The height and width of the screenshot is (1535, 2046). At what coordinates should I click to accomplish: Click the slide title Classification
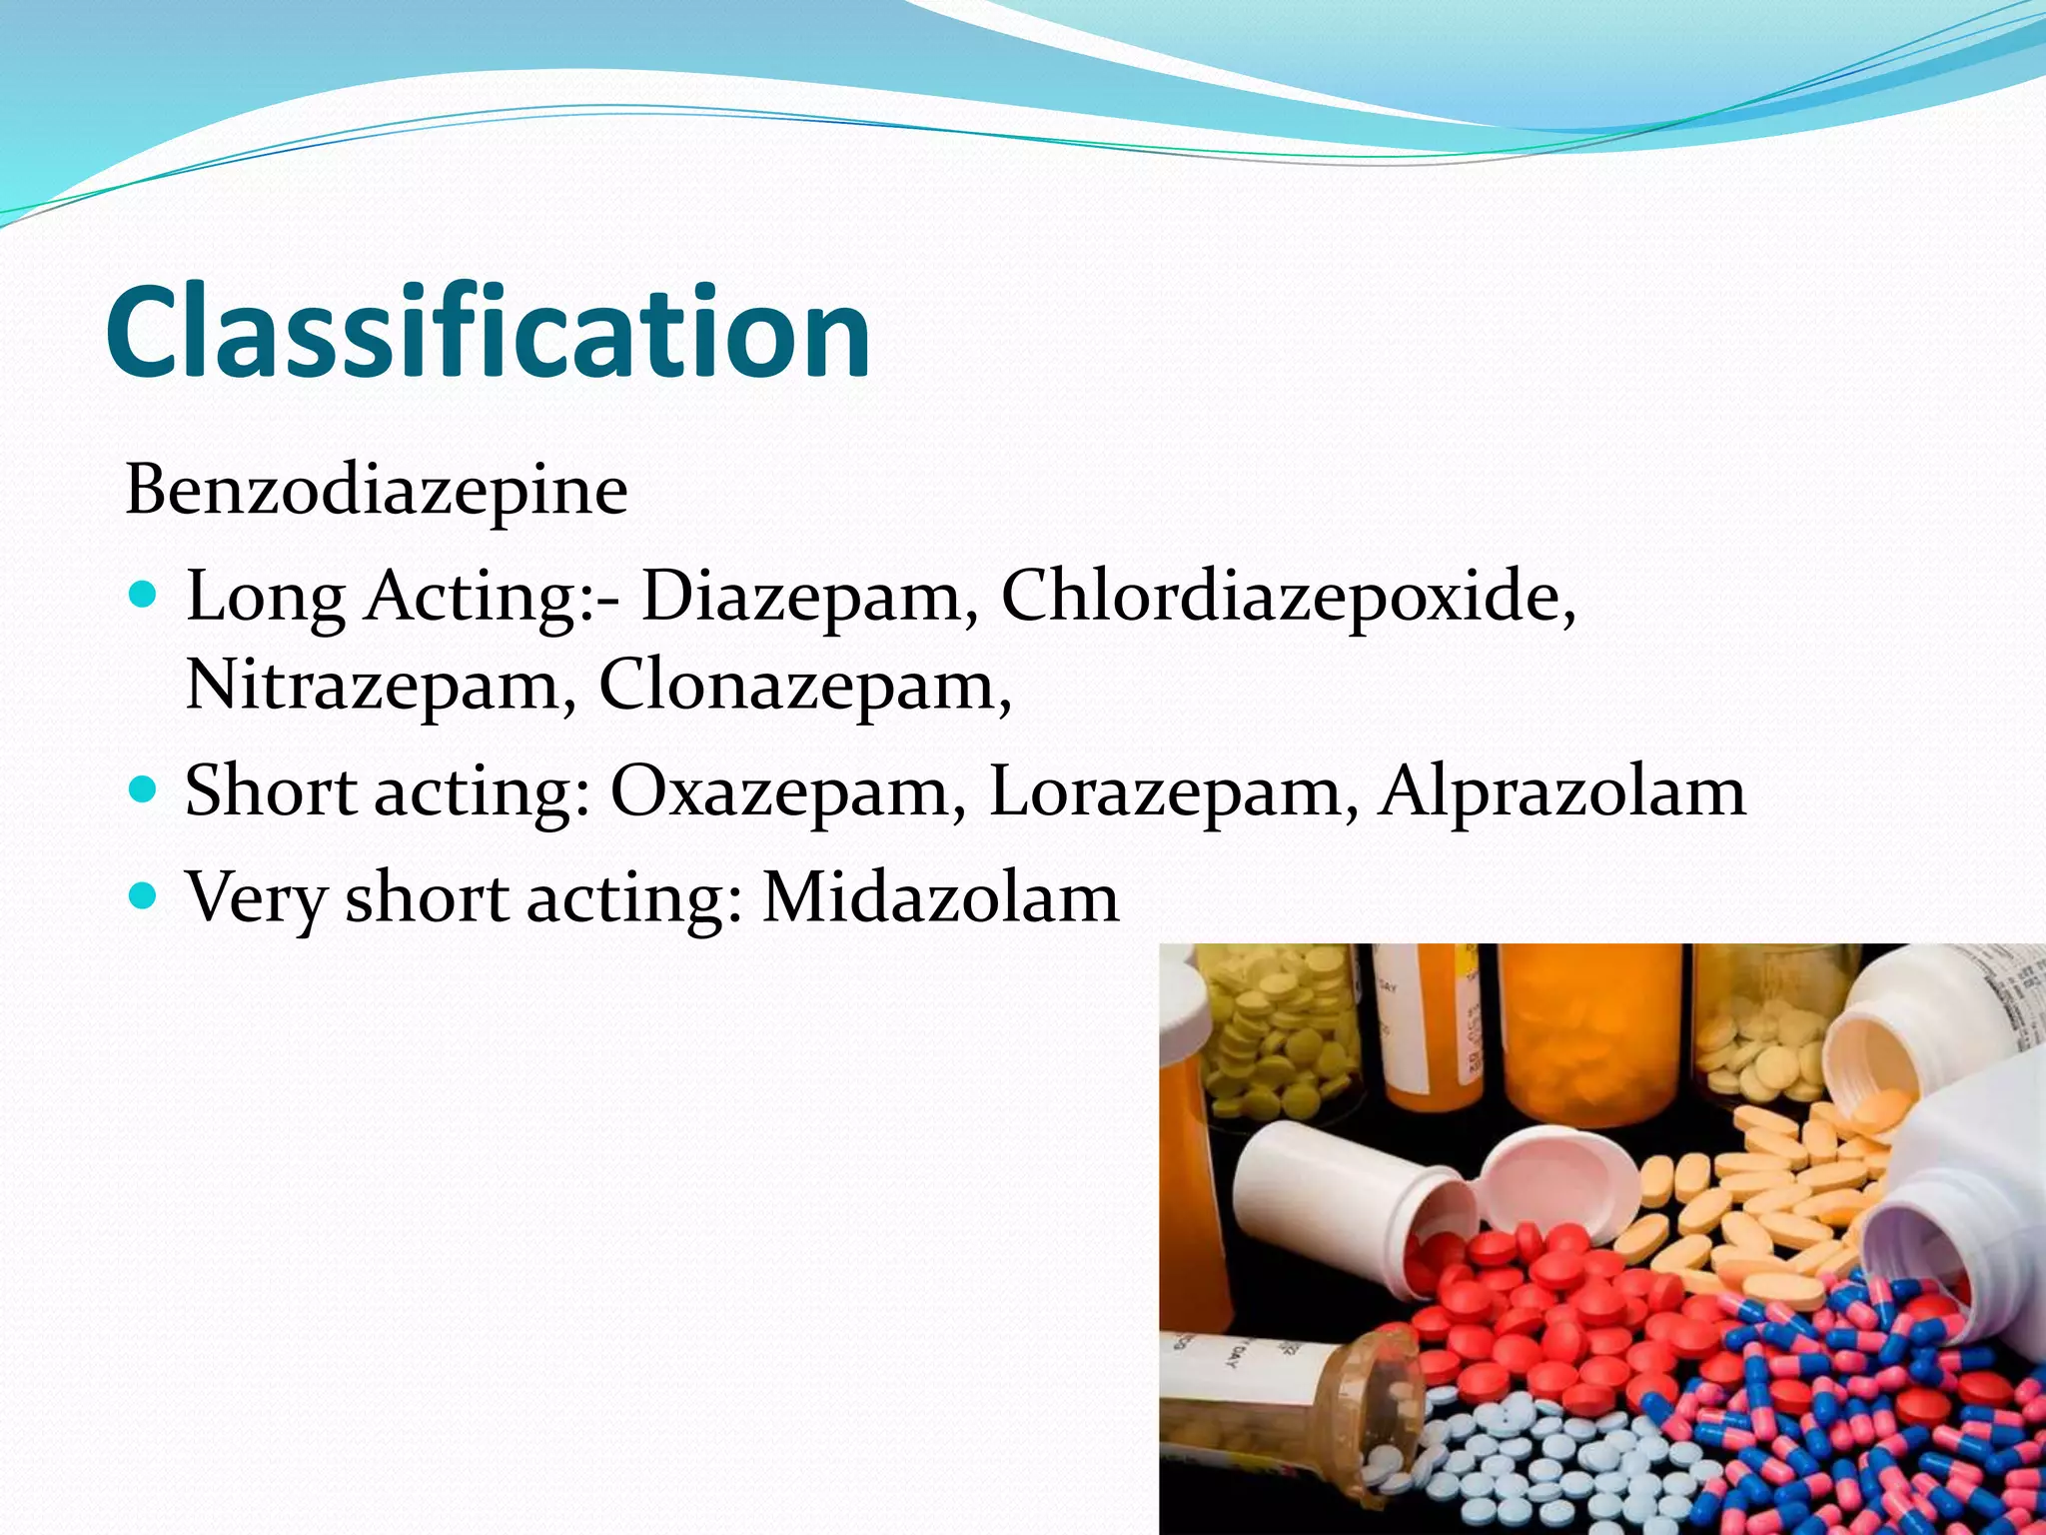[x=488, y=332]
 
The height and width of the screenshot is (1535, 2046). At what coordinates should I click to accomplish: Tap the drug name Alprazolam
[x=1561, y=791]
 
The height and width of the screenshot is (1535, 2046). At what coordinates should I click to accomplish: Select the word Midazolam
[x=940, y=897]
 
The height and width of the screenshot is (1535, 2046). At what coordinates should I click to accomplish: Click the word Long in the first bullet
[x=265, y=598]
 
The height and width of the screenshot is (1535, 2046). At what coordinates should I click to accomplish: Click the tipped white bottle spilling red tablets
[x=1339, y=1199]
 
